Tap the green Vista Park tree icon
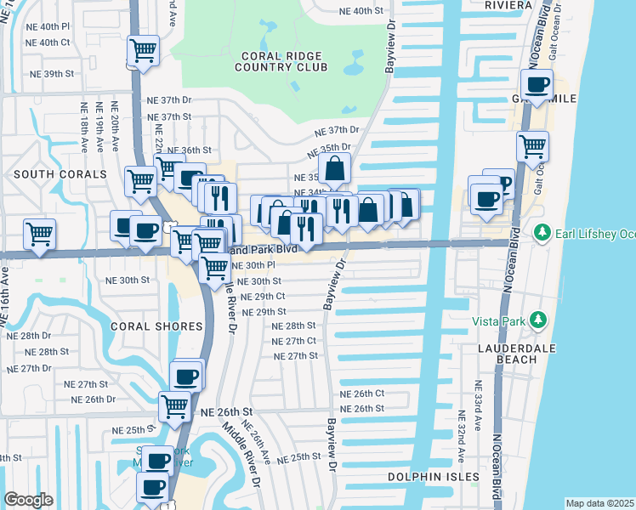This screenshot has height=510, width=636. [x=537, y=320]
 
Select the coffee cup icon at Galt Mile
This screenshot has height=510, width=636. [x=537, y=85]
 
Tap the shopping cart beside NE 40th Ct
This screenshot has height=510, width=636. [x=144, y=50]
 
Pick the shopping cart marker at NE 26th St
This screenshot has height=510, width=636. [x=175, y=406]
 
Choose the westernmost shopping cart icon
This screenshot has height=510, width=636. [x=39, y=233]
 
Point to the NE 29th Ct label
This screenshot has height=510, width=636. [x=263, y=297]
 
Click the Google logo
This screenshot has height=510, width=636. [x=28, y=500]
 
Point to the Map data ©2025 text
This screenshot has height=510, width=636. [x=599, y=503]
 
